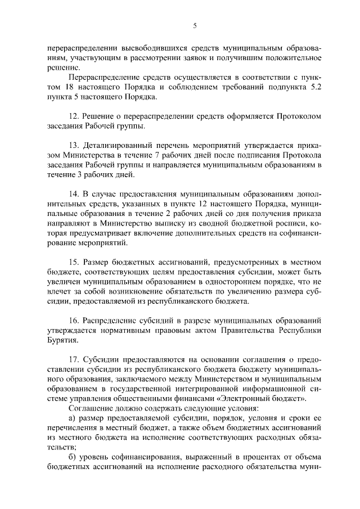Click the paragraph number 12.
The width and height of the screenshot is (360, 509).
(x=74, y=116)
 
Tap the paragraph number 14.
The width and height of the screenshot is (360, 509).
(x=74, y=194)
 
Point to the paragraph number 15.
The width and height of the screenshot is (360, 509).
(x=74, y=262)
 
